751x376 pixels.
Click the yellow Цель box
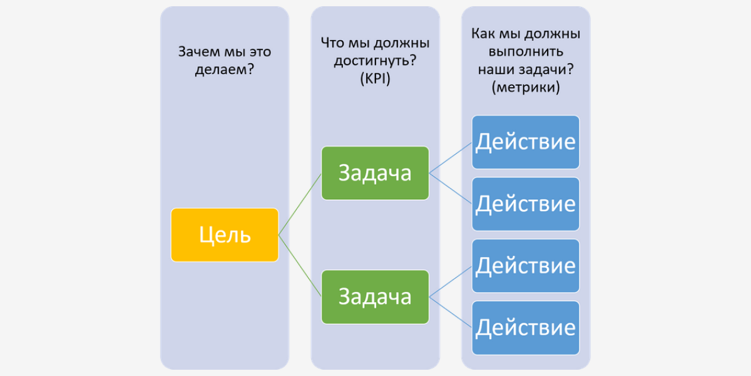(225, 235)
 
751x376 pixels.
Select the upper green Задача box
(375, 173)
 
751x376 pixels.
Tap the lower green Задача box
(375, 296)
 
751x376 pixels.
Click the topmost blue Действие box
(526, 142)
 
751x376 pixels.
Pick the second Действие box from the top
(526, 204)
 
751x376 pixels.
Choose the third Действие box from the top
(526, 265)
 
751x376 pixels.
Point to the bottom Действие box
(526, 327)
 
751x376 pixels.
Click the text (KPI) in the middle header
(375, 79)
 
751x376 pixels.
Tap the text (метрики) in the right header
(526, 87)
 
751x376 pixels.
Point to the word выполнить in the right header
(526, 51)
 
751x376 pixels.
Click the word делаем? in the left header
(224, 70)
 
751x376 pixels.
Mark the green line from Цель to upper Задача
(300, 204)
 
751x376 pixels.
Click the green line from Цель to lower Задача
(300, 266)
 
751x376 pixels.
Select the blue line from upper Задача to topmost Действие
(451, 157)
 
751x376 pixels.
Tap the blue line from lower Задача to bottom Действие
(451, 312)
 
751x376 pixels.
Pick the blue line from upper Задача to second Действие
(451, 188)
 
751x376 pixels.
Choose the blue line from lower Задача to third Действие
(451, 281)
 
